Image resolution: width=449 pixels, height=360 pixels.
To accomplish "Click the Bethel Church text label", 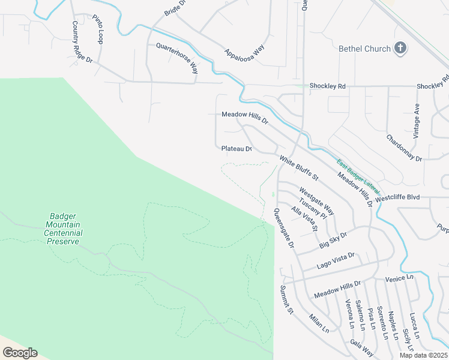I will tap(364, 49).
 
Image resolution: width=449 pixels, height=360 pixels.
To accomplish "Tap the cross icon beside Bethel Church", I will tap(400, 48).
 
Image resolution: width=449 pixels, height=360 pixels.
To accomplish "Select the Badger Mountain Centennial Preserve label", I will tap(64, 229).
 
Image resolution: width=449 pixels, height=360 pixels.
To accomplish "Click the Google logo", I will tap(20, 352).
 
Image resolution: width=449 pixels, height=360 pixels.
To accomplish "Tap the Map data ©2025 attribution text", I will tap(423, 355).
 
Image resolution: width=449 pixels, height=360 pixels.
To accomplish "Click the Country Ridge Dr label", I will tap(82, 43).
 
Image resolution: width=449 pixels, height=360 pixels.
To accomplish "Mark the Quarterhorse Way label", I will tap(177, 58).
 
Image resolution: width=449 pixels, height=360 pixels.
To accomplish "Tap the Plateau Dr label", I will tap(236, 148).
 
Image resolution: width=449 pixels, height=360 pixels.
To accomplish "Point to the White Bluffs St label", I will tap(298, 169).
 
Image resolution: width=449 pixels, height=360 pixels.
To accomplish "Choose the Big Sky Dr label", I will tap(333, 241).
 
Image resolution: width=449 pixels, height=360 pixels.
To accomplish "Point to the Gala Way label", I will tap(361, 349).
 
